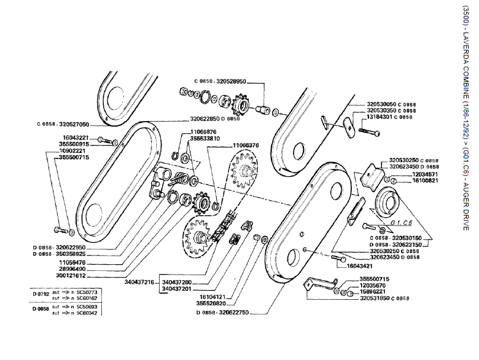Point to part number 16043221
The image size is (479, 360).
click(x=76, y=138)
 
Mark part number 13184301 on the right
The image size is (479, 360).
click(x=384, y=117)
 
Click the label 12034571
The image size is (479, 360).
click(x=405, y=174)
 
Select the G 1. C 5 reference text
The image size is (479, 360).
click(x=405, y=222)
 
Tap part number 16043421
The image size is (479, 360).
click(x=360, y=267)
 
